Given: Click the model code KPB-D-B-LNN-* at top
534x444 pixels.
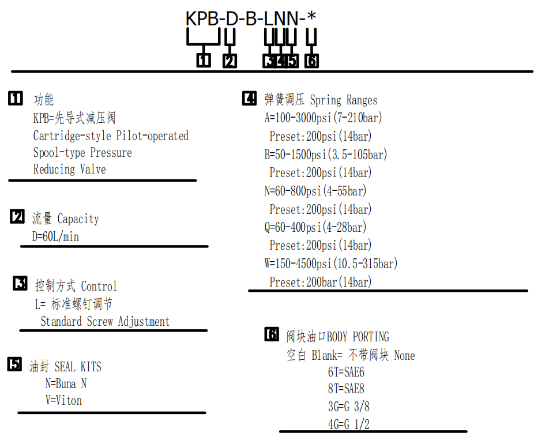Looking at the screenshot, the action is [x=251, y=18].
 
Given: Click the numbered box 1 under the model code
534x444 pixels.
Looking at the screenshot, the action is [x=204, y=61].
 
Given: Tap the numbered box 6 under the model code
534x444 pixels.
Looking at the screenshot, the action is [x=311, y=61].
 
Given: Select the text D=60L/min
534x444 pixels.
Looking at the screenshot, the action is [x=55, y=236].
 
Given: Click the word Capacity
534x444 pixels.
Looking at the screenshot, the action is [x=78, y=219].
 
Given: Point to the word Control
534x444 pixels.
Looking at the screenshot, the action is [x=99, y=286].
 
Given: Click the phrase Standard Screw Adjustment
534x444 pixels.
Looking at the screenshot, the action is [x=105, y=321].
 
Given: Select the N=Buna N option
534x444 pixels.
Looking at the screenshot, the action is [x=66, y=383].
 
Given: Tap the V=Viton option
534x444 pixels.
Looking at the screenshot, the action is [x=63, y=400].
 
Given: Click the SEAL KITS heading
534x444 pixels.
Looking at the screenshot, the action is [x=78, y=367].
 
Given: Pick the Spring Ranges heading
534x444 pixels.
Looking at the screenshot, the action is [x=344, y=100].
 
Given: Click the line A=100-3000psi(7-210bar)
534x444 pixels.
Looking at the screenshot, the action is [x=323, y=118].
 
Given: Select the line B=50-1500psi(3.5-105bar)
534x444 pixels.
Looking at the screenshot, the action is [x=326, y=155].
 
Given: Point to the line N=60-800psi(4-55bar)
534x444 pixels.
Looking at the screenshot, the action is [x=315, y=191].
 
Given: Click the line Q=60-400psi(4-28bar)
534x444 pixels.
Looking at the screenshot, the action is [x=315, y=227].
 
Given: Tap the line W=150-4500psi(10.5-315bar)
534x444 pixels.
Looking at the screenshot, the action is [x=331, y=264].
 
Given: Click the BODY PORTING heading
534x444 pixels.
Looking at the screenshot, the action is [x=358, y=337].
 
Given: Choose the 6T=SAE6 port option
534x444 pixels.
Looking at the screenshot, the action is [x=346, y=372].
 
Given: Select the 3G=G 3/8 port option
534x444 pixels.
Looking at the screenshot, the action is [x=349, y=407].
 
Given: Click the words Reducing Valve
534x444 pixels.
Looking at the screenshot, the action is [x=69, y=169].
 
